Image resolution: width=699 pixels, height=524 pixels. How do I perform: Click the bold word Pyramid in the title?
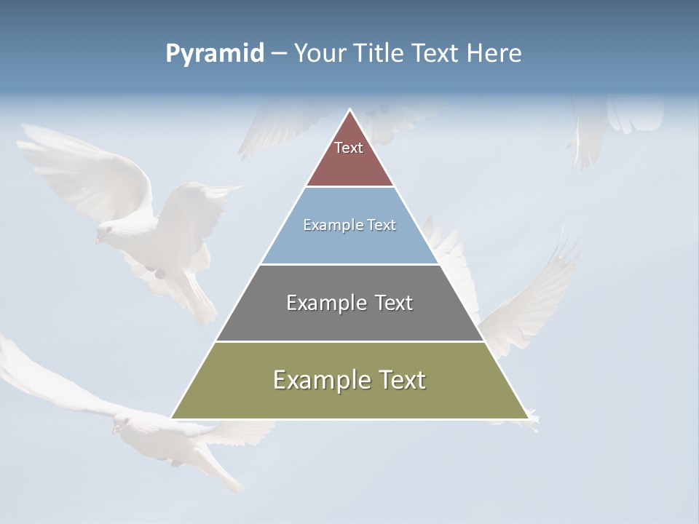214,53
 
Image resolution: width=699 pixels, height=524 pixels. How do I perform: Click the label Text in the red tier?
349,148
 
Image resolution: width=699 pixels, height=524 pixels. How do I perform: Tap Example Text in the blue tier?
349,225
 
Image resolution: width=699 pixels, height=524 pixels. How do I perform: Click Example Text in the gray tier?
349,303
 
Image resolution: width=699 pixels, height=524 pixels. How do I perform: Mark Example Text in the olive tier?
349,380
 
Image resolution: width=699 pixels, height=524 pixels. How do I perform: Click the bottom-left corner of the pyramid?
173,418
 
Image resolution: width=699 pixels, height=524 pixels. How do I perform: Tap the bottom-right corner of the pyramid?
527,418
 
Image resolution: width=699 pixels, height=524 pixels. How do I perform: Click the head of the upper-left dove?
103,232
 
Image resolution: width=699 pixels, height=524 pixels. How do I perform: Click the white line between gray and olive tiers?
349,341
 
